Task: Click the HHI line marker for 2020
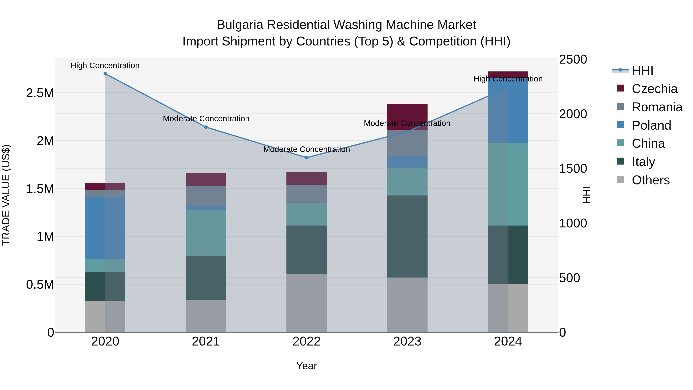tap(105, 74)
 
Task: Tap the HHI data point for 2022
tap(306, 158)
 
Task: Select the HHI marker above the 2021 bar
tap(206, 127)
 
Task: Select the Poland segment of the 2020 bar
tap(105, 228)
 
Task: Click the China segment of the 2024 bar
tap(508, 184)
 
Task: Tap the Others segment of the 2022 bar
tap(306, 303)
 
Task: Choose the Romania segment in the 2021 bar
tap(206, 196)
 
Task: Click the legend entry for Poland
tap(651, 125)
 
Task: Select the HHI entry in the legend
tap(642, 70)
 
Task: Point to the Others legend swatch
tap(620, 179)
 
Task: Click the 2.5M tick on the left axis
tap(40, 93)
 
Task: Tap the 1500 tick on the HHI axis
tap(573, 169)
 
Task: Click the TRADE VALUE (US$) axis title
tap(6, 195)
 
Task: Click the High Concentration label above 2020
tap(105, 66)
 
